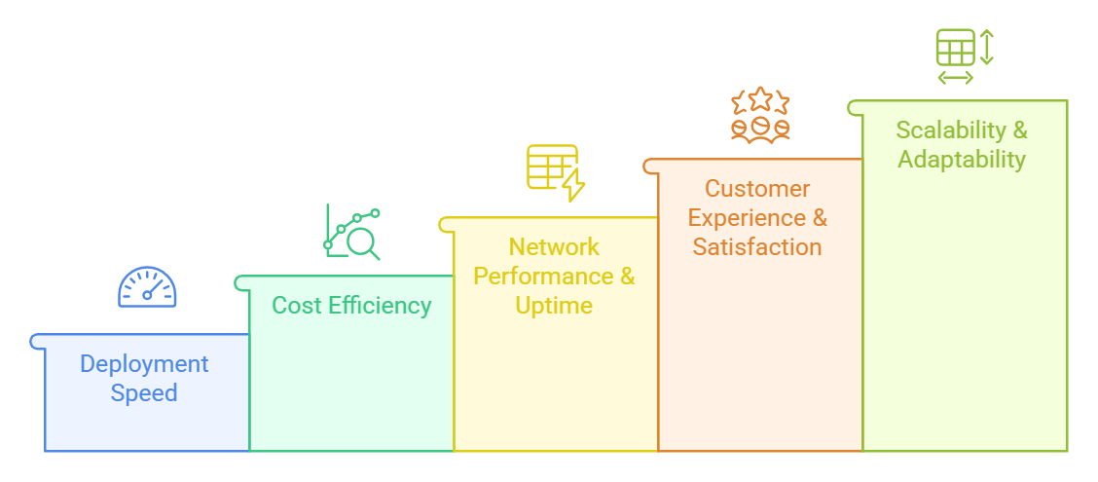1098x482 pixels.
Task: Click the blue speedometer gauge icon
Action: pos(147,286)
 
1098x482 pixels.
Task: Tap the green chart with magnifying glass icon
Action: pos(352,232)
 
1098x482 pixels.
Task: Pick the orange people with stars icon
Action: pos(760,116)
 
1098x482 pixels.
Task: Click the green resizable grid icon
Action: pos(965,56)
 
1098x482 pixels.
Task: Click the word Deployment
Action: pos(144,364)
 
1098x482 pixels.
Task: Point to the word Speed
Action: pos(144,393)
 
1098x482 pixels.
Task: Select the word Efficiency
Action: pos(378,306)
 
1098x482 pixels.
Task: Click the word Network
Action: pos(554,247)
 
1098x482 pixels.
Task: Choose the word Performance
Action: pos(536,276)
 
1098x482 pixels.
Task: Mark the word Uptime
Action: pos(554,306)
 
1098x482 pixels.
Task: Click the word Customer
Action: pos(757,189)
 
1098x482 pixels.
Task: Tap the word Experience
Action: pos(748,218)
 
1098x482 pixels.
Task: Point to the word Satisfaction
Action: pos(757,247)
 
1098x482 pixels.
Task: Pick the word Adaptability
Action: pos(962,160)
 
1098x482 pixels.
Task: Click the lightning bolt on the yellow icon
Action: pos(573,185)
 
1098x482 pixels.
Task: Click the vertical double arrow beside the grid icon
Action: pos(987,47)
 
